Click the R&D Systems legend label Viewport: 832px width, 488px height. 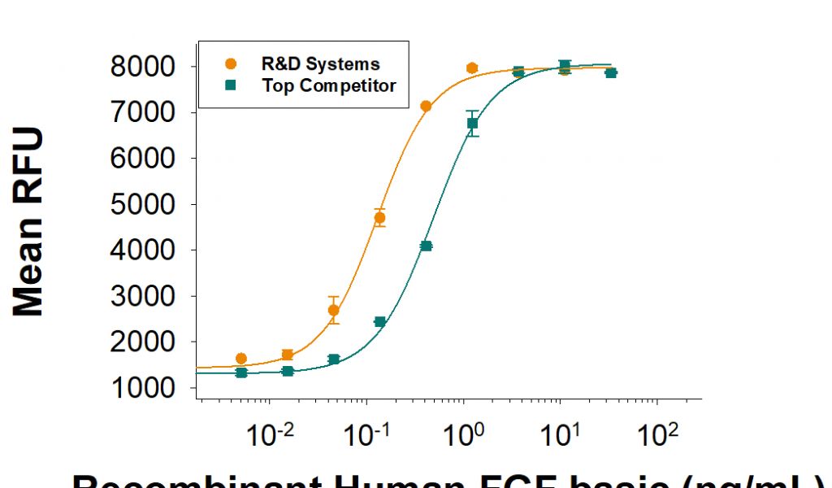[x=320, y=63]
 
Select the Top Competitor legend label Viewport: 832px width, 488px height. [x=329, y=85]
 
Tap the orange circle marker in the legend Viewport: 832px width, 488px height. [x=232, y=63]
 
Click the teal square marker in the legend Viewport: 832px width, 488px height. [x=232, y=85]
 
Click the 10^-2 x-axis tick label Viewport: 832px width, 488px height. [x=270, y=436]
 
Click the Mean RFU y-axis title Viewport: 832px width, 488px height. [x=28, y=221]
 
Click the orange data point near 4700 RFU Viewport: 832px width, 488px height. [x=379, y=218]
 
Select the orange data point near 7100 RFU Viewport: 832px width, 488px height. [x=426, y=107]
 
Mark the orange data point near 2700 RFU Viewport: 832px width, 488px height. [x=333, y=310]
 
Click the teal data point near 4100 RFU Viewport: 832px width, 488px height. [x=426, y=246]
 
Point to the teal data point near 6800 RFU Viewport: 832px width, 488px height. [x=472, y=124]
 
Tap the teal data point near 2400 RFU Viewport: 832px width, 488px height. [x=379, y=322]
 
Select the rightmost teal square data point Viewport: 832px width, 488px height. [x=611, y=72]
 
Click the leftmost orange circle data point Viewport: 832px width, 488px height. [x=241, y=359]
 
